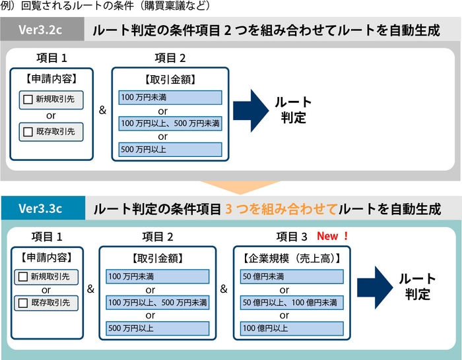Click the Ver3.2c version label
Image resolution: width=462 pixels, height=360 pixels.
click(40, 31)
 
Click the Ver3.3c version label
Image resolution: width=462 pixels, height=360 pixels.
click(40, 209)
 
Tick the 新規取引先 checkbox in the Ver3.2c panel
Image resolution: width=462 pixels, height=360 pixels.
click(28, 100)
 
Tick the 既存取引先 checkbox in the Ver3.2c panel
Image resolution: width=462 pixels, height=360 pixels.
click(28, 131)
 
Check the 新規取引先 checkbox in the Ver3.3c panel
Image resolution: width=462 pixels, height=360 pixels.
click(23, 276)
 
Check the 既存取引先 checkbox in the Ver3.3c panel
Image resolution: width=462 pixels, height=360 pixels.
click(23, 303)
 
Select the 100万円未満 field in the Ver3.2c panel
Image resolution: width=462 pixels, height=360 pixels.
click(170, 98)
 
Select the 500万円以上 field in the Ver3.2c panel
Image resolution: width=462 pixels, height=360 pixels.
click(170, 149)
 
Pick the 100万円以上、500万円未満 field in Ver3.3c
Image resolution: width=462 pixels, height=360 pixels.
click(157, 303)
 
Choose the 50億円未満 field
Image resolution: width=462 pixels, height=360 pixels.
click(292, 276)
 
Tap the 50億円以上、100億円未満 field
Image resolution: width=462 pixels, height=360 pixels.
click(292, 303)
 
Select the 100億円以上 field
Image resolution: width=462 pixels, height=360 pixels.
click(292, 328)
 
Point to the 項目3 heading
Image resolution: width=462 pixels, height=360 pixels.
click(292, 237)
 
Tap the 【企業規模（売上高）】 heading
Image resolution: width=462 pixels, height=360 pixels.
click(292, 258)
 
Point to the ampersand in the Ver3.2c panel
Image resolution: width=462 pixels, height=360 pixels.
click(102, 110)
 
